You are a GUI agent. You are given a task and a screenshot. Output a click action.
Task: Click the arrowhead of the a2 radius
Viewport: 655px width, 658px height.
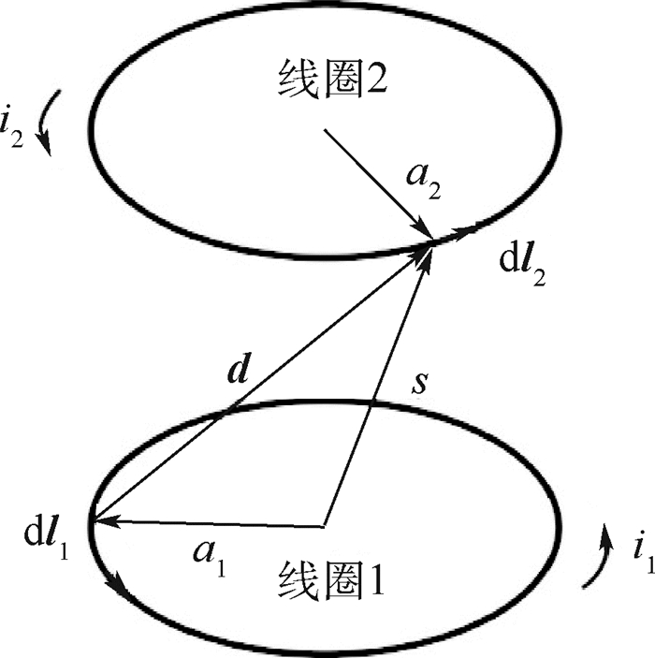427,234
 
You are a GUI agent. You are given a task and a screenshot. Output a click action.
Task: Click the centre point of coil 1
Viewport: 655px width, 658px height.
324,524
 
